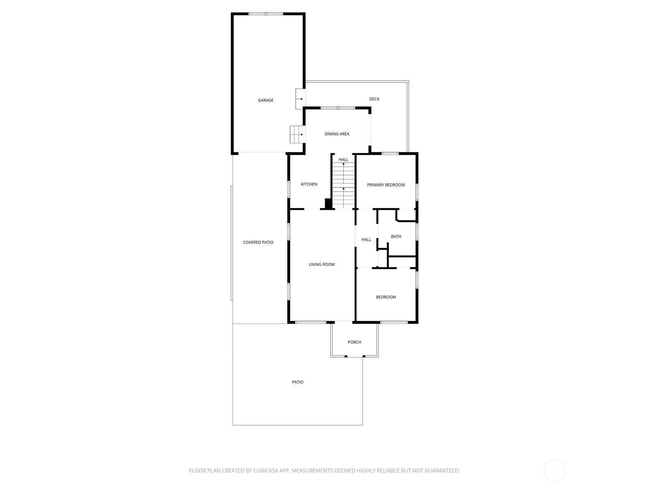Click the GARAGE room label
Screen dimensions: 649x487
tap(266, 100)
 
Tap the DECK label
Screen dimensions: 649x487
tap(374, 99)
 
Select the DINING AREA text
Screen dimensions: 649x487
tap(337, 134)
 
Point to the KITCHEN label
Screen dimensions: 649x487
tap(309, 184)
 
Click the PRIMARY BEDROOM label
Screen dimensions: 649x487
tap(386, 185)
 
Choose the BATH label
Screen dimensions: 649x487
tap(396, 237)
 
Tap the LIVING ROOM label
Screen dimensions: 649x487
tap(322, 264)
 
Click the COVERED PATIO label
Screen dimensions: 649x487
tap(258, 242)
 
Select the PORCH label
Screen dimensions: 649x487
tap(355, 342)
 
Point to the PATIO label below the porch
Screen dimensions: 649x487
tap(297, 382)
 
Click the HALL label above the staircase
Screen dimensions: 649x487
tap(343, 159)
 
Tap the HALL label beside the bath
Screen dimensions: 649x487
tap(366, 239)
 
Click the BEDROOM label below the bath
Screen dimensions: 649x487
tap(386, 297)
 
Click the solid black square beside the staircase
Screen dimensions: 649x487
tap(328, 203)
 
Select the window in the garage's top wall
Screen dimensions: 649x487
tap(266, 14)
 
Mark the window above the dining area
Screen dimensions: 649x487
tap(338, 108)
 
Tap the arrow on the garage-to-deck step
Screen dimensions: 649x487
tap(301, 99)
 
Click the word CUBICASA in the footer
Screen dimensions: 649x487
tap(266, 470)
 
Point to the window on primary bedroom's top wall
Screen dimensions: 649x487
tap(390, 153)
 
